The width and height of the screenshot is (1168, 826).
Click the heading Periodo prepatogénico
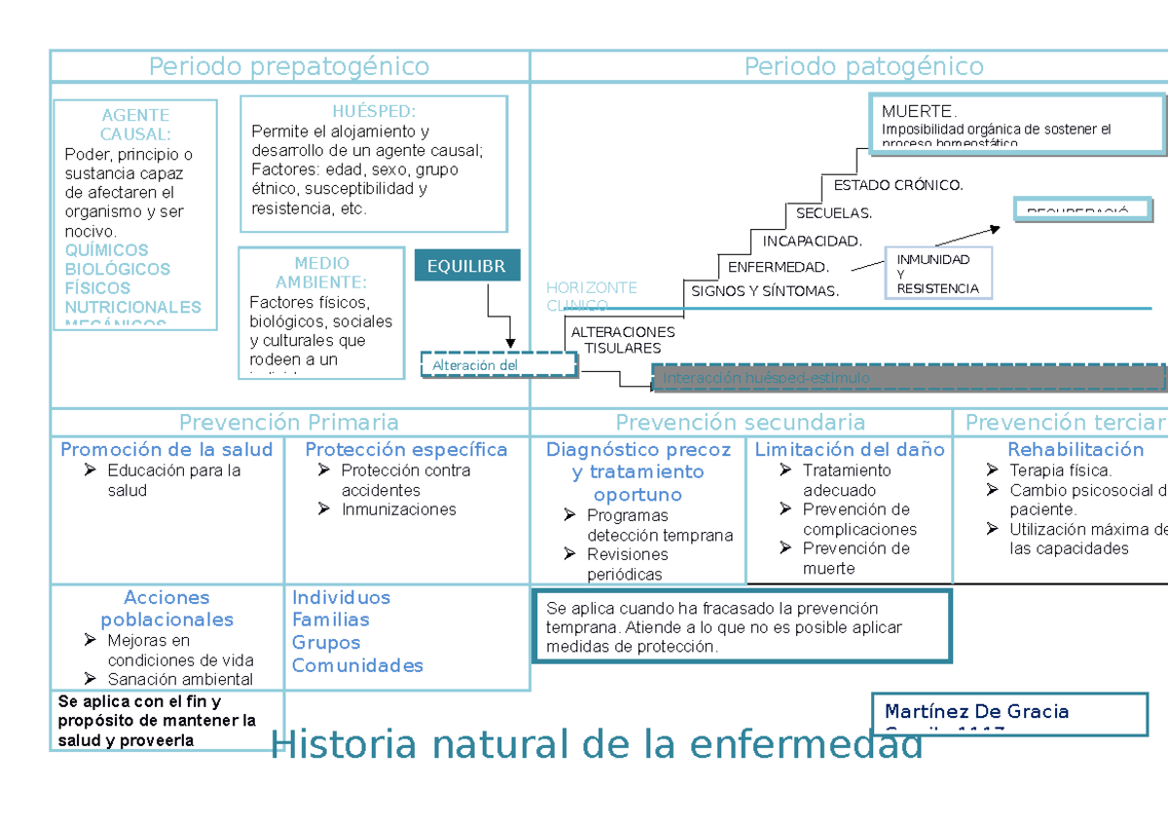point(288,66)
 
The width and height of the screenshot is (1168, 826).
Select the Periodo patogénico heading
point(863,66)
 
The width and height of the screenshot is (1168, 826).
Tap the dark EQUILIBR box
point(466,266)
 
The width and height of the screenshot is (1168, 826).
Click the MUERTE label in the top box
point(919,111)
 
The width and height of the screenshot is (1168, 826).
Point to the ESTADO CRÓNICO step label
point(897,185)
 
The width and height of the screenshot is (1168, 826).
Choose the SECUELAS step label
point(834,213)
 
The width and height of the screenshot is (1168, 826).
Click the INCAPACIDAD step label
point(812,241)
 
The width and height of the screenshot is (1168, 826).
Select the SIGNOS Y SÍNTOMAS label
point(764,291)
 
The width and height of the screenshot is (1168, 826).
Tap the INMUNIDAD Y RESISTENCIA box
point(937,274)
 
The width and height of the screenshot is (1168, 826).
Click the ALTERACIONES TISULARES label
point(622,340)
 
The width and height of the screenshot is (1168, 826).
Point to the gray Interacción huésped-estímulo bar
point(907,378)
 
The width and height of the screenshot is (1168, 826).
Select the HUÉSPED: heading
point(373,112)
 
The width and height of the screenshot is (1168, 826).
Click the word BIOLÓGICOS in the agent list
point(117,269)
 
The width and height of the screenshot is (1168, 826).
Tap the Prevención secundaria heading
point(740,422)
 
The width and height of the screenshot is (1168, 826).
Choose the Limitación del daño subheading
point(849,449)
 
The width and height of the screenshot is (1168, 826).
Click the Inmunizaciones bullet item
point(398,509)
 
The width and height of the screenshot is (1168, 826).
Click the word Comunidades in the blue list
point(357,665)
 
